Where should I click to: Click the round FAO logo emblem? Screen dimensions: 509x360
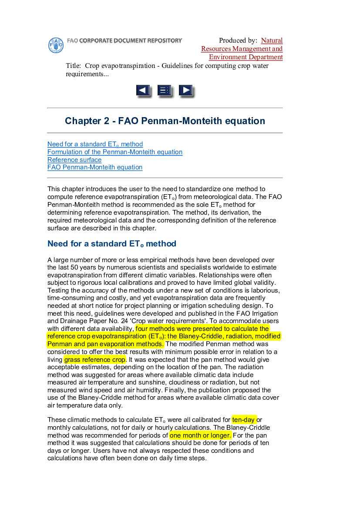click(x=56, y=45)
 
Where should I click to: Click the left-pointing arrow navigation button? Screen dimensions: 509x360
click(x=143, y=91)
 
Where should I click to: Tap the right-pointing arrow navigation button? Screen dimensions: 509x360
click(x=186, y=91)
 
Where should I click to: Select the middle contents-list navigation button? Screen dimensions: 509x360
click(x=164, y=91)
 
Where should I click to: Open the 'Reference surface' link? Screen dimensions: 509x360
click(x=74, y=160)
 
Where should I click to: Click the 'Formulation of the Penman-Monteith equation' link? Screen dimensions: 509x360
click(x=115, y=152)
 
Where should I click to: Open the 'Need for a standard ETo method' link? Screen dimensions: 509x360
click(x=95, y=144)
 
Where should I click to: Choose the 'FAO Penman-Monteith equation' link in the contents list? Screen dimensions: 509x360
click(x=95, y=167)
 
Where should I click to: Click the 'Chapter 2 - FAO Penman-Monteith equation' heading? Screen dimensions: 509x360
click(x=165, y=121)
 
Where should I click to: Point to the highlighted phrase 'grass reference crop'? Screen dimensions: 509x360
click(x=94, y=360)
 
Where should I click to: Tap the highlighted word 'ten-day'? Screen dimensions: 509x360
click(x=244, y=420)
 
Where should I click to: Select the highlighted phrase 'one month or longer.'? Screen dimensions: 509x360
click(x=200, y=435)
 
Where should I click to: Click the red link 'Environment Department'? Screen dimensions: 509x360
click(x=246, y=57)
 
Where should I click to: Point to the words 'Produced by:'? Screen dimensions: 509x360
click(x=238, y=40)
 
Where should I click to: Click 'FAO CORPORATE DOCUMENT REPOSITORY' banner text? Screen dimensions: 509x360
click(x=124, y=40)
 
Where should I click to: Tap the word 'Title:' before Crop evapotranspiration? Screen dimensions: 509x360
click(x=74, y=66)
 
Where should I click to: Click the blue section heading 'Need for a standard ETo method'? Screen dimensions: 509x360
click(x=112, y=244)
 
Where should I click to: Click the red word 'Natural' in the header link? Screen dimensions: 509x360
click(x=272, y=40)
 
